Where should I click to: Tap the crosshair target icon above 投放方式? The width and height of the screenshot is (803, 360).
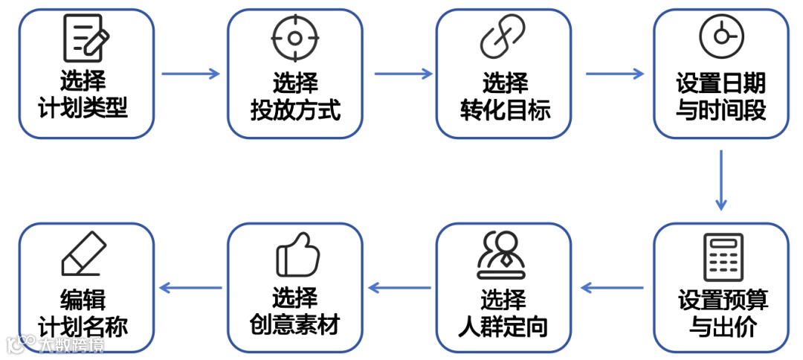294,39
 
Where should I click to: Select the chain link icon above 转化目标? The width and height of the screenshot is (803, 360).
503,37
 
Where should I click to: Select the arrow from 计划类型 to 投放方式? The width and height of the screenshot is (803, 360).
190,74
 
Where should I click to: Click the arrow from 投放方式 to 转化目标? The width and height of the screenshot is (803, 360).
402,74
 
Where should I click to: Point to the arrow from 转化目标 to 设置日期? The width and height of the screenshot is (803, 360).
614,74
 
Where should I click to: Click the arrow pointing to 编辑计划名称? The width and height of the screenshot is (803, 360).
191,288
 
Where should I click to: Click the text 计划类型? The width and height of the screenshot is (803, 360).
83,109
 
